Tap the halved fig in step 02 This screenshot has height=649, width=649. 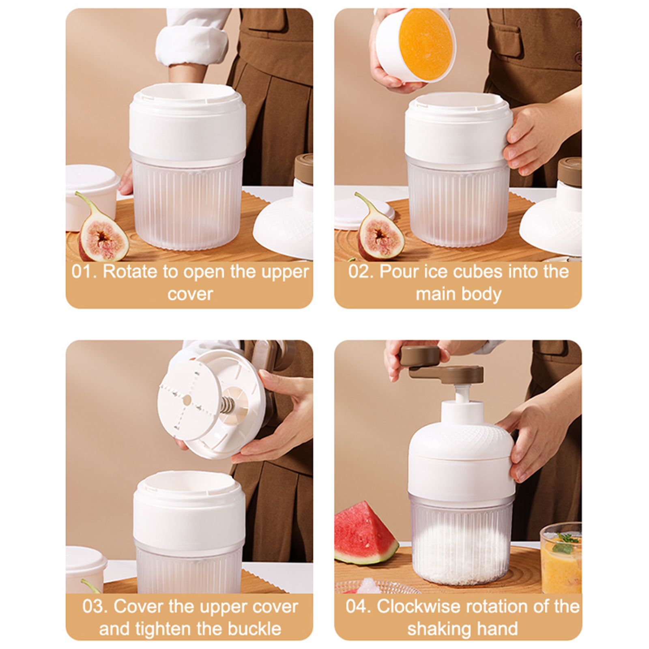[x=380, y=229]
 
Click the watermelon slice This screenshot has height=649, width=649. [x=365, y=534]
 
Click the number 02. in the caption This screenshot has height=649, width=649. [x=361, y=271]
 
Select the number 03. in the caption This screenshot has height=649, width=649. [x=95, y=606]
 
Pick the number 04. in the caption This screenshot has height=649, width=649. [x=359, y=606]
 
